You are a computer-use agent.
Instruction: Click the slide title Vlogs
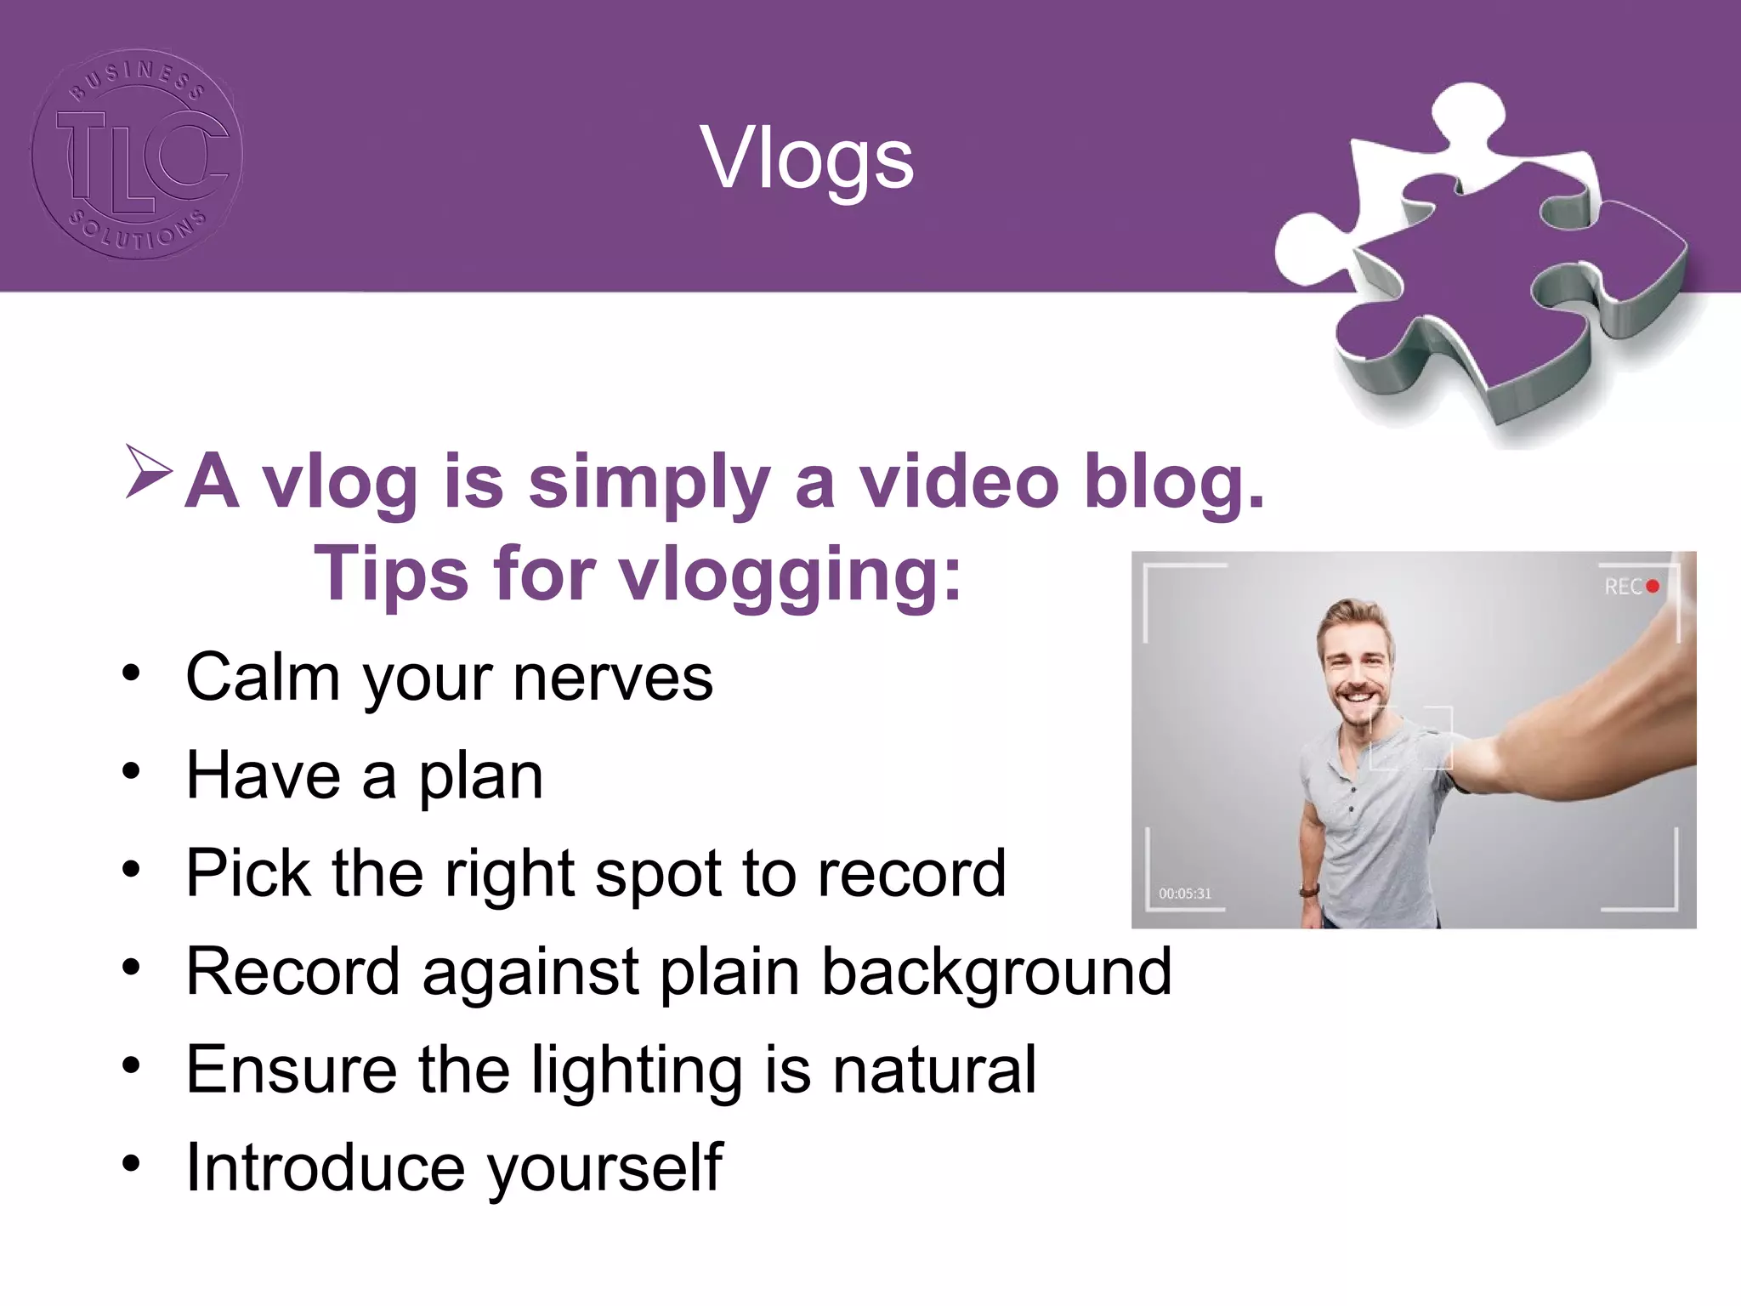click(x=807, y=159)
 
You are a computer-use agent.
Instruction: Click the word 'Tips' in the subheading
click(x=391, y=575)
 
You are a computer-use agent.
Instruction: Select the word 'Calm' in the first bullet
click(x=263, y=678)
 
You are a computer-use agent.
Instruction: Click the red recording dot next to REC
click(x=1652, y=587)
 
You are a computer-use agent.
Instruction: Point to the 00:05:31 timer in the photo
click(x=1184, y=894)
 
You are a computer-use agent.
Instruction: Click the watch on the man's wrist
click(x=1308, y=891)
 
